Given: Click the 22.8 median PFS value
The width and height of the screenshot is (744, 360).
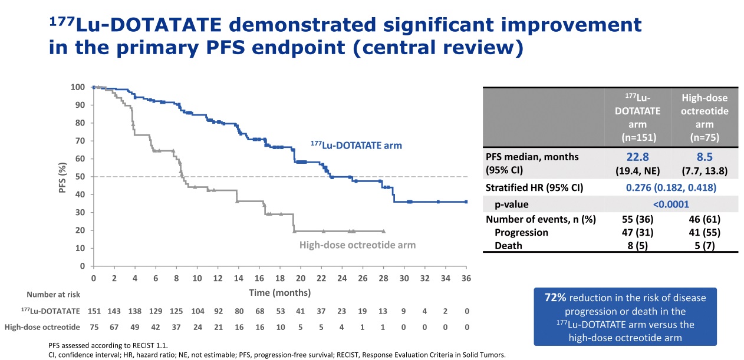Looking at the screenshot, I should coord(637,157).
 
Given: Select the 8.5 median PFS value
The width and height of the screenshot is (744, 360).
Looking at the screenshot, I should coord(705,157).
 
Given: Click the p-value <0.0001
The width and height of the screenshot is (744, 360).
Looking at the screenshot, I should coord(670,204).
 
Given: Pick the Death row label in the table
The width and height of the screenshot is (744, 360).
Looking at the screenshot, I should coord(508,246).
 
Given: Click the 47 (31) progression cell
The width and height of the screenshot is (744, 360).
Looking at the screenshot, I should coord(637,232).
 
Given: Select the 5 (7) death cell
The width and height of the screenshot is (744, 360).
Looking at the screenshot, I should coord(705,246).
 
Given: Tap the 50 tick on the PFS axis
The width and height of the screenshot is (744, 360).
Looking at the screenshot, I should coord(80,177).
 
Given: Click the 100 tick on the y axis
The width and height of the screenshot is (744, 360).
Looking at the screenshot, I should coord(77,87).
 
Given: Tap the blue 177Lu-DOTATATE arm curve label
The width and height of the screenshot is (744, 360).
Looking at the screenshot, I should coord(356,144).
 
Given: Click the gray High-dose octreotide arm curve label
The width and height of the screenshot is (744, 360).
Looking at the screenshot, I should coord(357,245).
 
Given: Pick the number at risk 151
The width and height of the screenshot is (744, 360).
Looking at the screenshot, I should coord(94,311).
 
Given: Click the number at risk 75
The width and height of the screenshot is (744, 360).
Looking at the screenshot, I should coord(94,327).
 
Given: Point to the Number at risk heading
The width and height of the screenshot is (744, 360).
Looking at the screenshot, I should coord(53,295).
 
